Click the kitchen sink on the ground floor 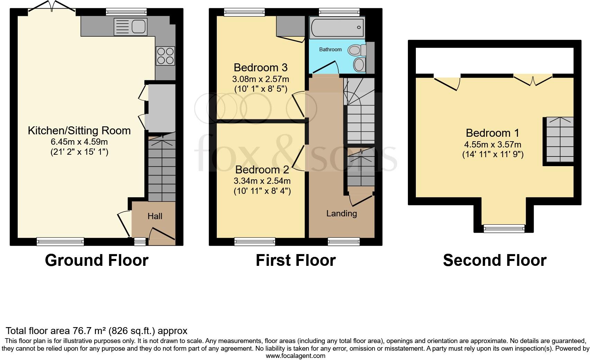tap(131, 27)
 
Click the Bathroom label tap(330, 49)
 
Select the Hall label tap(155, 216)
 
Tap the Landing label tap(341, 214)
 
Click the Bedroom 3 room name tap(260, 67)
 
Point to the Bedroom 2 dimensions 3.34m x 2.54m tap(262, 181)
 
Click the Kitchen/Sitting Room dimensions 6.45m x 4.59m tap(79, 142)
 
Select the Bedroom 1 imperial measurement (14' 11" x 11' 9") tap(493, 154)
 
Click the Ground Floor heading tap(97, 260)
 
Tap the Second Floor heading tap(494, 260)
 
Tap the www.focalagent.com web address tap(295, 356)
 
